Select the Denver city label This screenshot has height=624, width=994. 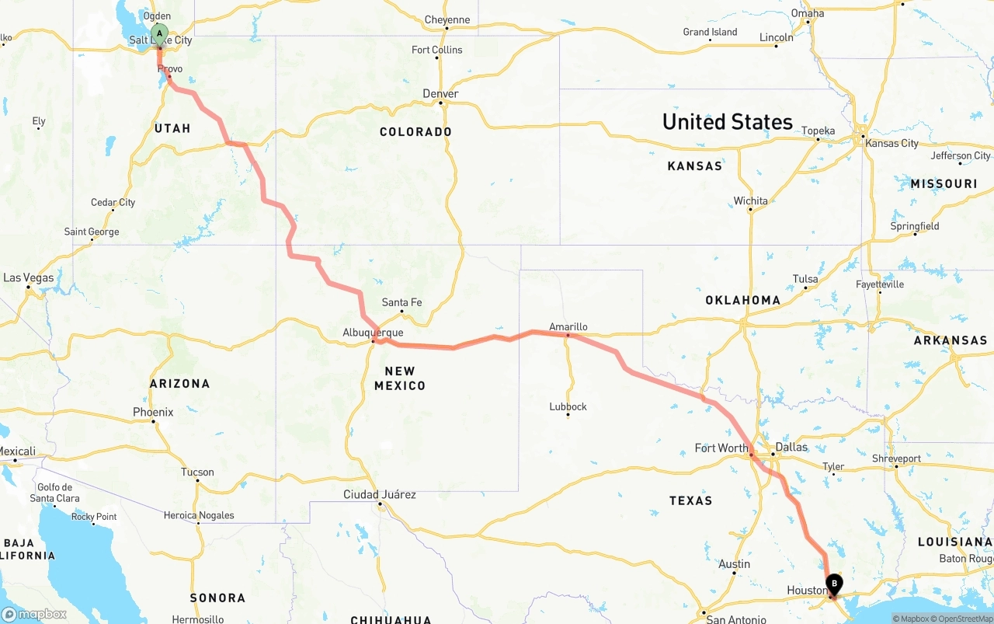click(x=440, y=94)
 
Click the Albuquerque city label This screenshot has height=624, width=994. click(x=373, y=333)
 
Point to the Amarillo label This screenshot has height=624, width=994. click(x=568, y=326)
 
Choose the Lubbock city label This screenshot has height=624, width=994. click(x=568, y=406)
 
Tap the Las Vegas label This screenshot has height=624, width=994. click(x=29, y=277)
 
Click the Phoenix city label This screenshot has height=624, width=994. click(x=153, y=412)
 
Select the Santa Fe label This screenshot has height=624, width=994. click(x=401, y=302)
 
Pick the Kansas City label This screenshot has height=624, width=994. click(x=891, y=143)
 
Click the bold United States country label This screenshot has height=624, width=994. click(x=727, y=122)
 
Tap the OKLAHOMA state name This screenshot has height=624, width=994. click(x=742, y=300)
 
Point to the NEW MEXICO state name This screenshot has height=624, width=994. click(x=400, y=378)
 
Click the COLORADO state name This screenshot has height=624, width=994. click(x=415, y=132)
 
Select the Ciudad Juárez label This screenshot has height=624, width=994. click(x=380, y=494)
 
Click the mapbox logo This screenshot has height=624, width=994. click(x=34, y=614)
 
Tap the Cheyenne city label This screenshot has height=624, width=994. click(x=447, y=19)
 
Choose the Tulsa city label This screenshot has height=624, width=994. click(x=805, y=279)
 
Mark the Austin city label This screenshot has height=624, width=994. click(x=734, y=564)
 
